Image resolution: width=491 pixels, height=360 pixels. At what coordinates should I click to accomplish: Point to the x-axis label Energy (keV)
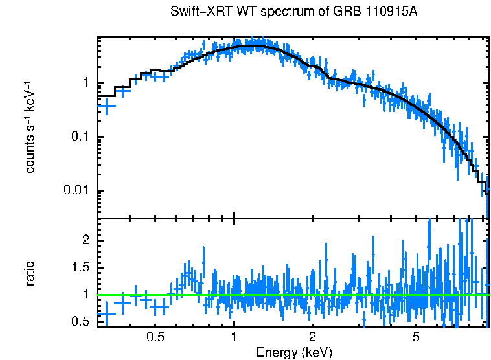[294, 352]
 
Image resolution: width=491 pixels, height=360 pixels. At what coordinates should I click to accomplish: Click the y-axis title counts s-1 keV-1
[30, 127]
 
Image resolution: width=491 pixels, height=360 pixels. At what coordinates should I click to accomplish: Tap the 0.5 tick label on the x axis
[155, 337]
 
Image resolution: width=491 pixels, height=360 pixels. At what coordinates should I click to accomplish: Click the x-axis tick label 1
[234, 337]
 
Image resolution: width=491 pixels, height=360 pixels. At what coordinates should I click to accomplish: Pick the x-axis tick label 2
[312, 337]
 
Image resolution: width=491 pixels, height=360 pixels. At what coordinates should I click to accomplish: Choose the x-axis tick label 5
[416, 337]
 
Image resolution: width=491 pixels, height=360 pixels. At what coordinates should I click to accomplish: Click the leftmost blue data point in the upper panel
[107, 105]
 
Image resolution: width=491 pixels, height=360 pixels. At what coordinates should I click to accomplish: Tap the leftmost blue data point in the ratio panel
[107, 313]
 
